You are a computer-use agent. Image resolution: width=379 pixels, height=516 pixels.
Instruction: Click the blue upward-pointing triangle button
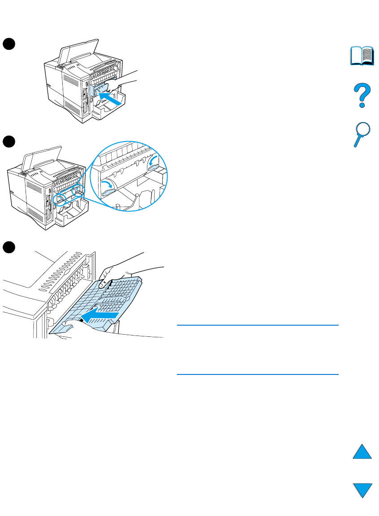tap(362, 449)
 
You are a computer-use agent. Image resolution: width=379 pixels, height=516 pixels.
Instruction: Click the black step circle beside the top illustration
tap(9, 43)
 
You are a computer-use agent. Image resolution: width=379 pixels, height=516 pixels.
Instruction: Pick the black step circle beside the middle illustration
tap(9, 141)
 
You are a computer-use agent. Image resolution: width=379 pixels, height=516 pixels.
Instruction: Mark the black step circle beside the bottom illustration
tap(9, 247)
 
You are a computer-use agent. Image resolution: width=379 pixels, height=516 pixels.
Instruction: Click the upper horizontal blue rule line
tap(258, 326)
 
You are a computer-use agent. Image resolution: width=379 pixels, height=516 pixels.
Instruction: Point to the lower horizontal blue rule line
tap(258, 374)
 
